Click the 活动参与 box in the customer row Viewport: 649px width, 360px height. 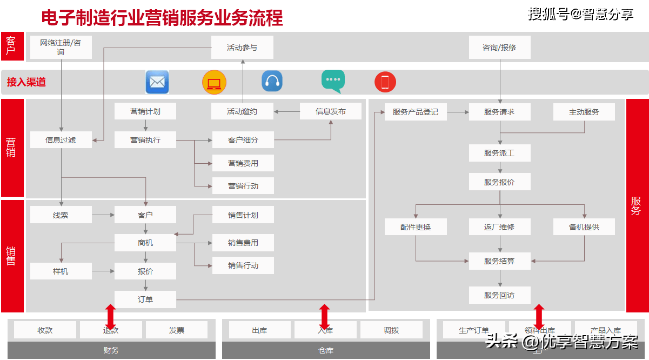click(x=242, y=48)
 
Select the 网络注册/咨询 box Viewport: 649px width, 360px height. click(x=61, y=48)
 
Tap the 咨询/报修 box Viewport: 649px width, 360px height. click(x=499, y=48)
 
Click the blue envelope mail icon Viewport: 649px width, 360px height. click(x=157, y=82)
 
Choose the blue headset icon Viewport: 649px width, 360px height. click(x=272, y=82)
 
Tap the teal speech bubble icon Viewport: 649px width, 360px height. click(x=333, y=81)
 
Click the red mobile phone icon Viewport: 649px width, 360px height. click(x=385, y=82)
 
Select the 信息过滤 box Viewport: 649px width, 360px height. click(x=61, y=140)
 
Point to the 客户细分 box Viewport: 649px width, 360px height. click(x=243, y=140)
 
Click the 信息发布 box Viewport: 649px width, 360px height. click(x=331, y=111)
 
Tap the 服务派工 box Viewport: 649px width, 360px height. click(x=499, y=153)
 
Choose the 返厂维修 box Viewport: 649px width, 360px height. click(x=499, y=227)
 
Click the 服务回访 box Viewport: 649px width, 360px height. click(x=499, y=295)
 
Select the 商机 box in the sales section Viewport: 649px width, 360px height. click(x=145, y=243)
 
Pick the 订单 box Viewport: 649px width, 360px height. click(x=145, y=299)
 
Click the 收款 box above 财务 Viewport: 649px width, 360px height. click(x=45, y=330)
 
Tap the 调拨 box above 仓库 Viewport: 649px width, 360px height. click(x=391, y=330)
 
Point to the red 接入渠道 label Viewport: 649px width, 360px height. click(x=26, y=82)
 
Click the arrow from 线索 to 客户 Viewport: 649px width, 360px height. click(x=103, y=215)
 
